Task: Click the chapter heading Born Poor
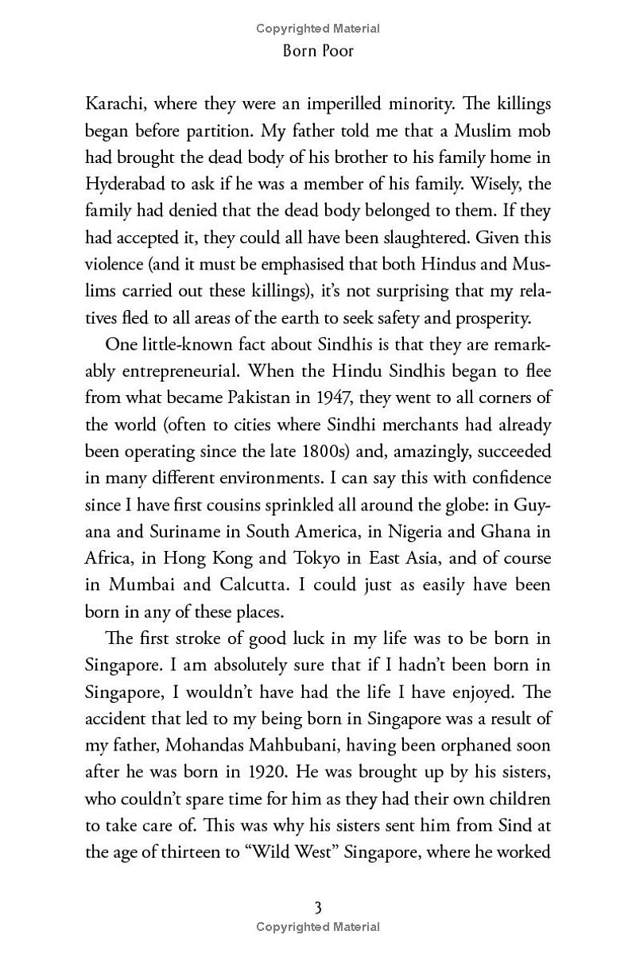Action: [318, 52]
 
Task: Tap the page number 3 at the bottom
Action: [318, 907]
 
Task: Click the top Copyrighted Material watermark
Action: [318, 29]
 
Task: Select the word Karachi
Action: [115, 104]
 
